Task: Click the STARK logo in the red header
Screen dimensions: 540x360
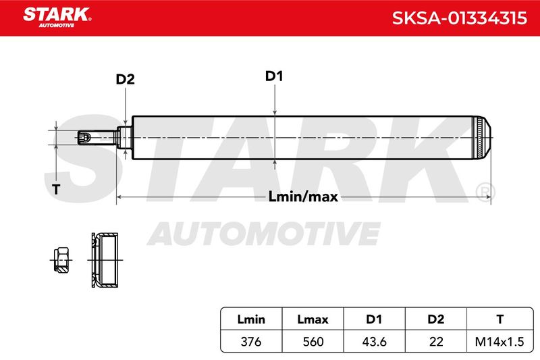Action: click(57, 18)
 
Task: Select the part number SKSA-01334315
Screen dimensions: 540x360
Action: click(460, 18)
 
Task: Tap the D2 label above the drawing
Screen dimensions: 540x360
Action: click(125, 79)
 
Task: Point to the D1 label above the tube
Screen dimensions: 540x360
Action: click(274, 76)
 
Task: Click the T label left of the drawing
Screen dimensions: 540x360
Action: click(56, 189)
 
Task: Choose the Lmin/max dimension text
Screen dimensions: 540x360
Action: click(303, 197)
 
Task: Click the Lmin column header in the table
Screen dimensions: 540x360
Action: click(251, 319)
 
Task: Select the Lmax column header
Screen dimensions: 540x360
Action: click(313, 319)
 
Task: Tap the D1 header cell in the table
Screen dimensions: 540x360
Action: click(374, 319)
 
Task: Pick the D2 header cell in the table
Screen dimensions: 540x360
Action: click(435, 319)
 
